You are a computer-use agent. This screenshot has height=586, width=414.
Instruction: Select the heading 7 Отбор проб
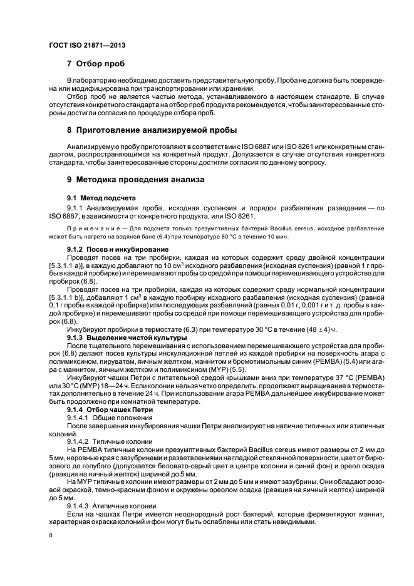[x=96, y=64]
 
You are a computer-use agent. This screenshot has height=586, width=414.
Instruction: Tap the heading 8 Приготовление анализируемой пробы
[x=152, y=130]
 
